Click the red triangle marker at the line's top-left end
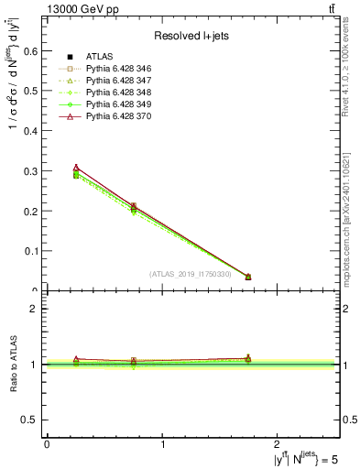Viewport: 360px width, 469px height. (x=76, y=168)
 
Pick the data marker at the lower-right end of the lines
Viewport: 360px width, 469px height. (x=248, y=277)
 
